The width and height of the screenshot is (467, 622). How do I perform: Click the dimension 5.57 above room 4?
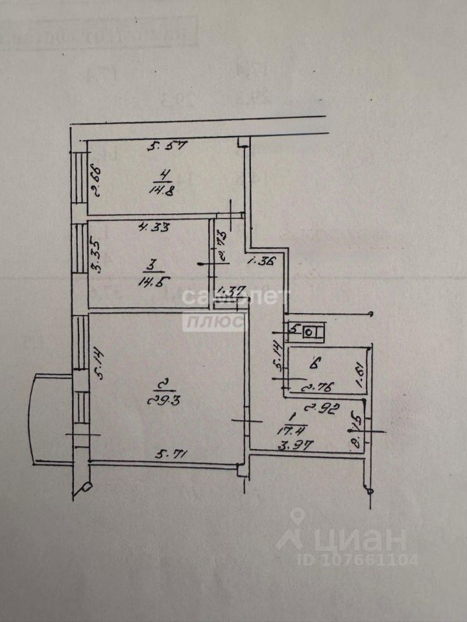(x=167, y=146)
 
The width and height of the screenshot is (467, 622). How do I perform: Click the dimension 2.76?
(x=317, y=388)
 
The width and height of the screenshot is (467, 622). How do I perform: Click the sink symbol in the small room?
(x=309, y=333)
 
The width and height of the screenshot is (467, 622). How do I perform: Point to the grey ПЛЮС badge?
(x=213, y=321)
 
